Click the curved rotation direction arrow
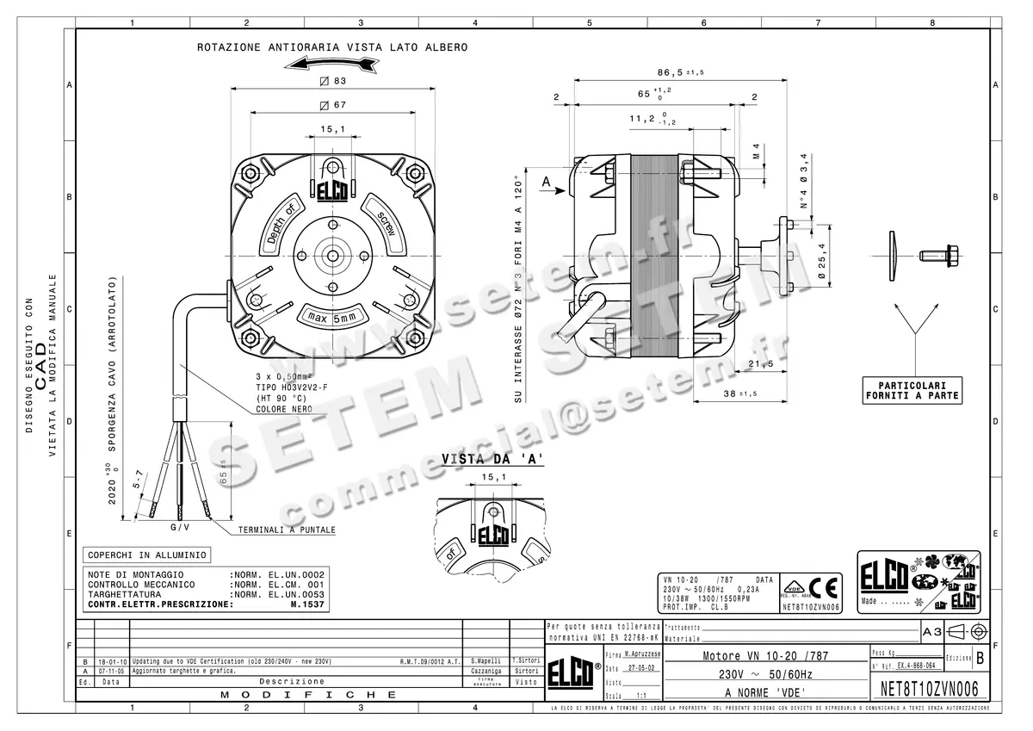[x=332, y=65]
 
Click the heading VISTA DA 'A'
[x=492, y=459]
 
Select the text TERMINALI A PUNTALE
[x=287, y=530]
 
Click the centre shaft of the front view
[x=332, y=256]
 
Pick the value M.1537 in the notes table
[x=307, y=604]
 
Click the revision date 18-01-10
[x=109, y=661]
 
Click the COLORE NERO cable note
[x=284, y=409]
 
